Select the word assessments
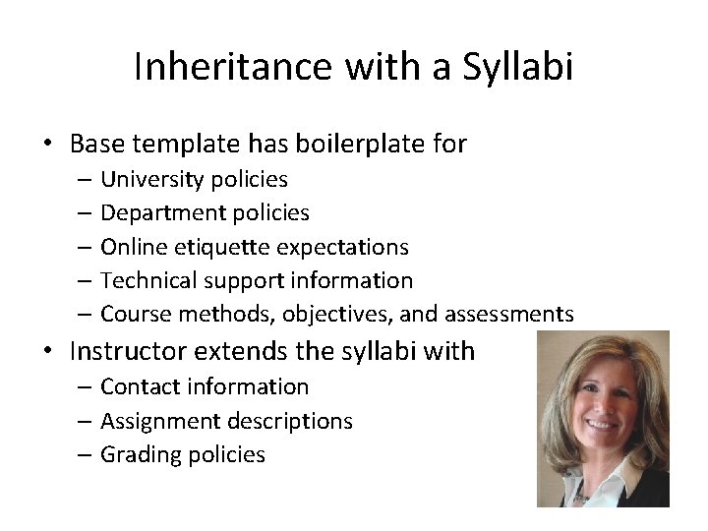point(508,314)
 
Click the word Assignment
point(159,421)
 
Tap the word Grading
point(140,454)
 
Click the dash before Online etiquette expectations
point(81,246)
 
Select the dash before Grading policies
point(81,454)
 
